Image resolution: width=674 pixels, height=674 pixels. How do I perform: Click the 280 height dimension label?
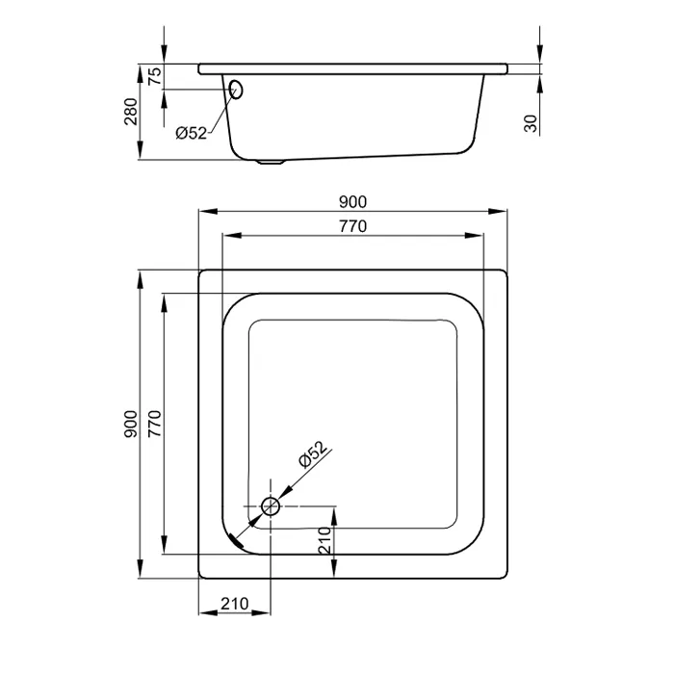point(131,112)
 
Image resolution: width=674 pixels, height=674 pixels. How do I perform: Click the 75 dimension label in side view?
point(155,76)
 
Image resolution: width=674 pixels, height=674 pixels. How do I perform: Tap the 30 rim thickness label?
point(531,124)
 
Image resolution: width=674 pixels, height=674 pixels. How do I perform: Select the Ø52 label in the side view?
point(191,133)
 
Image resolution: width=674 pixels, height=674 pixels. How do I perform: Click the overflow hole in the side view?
point(236,89)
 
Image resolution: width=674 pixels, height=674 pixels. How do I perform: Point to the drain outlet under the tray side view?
point(271,162)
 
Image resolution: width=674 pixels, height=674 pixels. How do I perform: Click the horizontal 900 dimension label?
point(352,202)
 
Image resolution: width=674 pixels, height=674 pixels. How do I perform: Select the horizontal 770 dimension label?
point(352,226)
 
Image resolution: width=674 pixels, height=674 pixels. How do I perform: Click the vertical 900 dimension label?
point(131,424)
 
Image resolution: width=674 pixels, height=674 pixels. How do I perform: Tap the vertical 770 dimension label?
point(155,424)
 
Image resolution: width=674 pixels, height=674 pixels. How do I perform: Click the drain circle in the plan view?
point(271,505)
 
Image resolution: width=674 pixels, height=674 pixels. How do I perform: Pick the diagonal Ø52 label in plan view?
point(313,454)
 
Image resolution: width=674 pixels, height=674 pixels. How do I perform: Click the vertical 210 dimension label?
point(325,540)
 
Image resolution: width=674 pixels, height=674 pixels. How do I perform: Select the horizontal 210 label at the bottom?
point(235,604)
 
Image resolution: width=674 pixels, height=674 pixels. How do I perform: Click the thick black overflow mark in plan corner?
point(237,541)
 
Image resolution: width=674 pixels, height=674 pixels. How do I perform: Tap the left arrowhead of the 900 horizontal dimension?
point(208,211)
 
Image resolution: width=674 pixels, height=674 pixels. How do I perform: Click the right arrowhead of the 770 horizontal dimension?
point(475,235)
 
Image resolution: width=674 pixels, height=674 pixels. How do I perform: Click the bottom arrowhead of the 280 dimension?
point(140,150)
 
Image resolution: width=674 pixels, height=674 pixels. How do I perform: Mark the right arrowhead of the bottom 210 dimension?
point(261,612)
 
